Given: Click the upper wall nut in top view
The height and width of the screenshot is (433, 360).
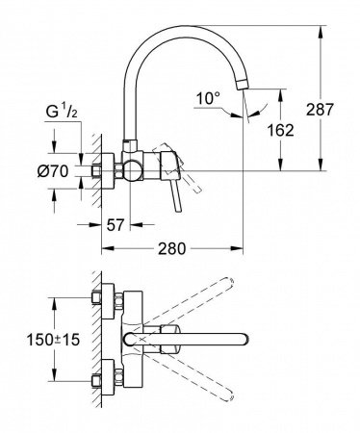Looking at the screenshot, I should click(103, 299).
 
